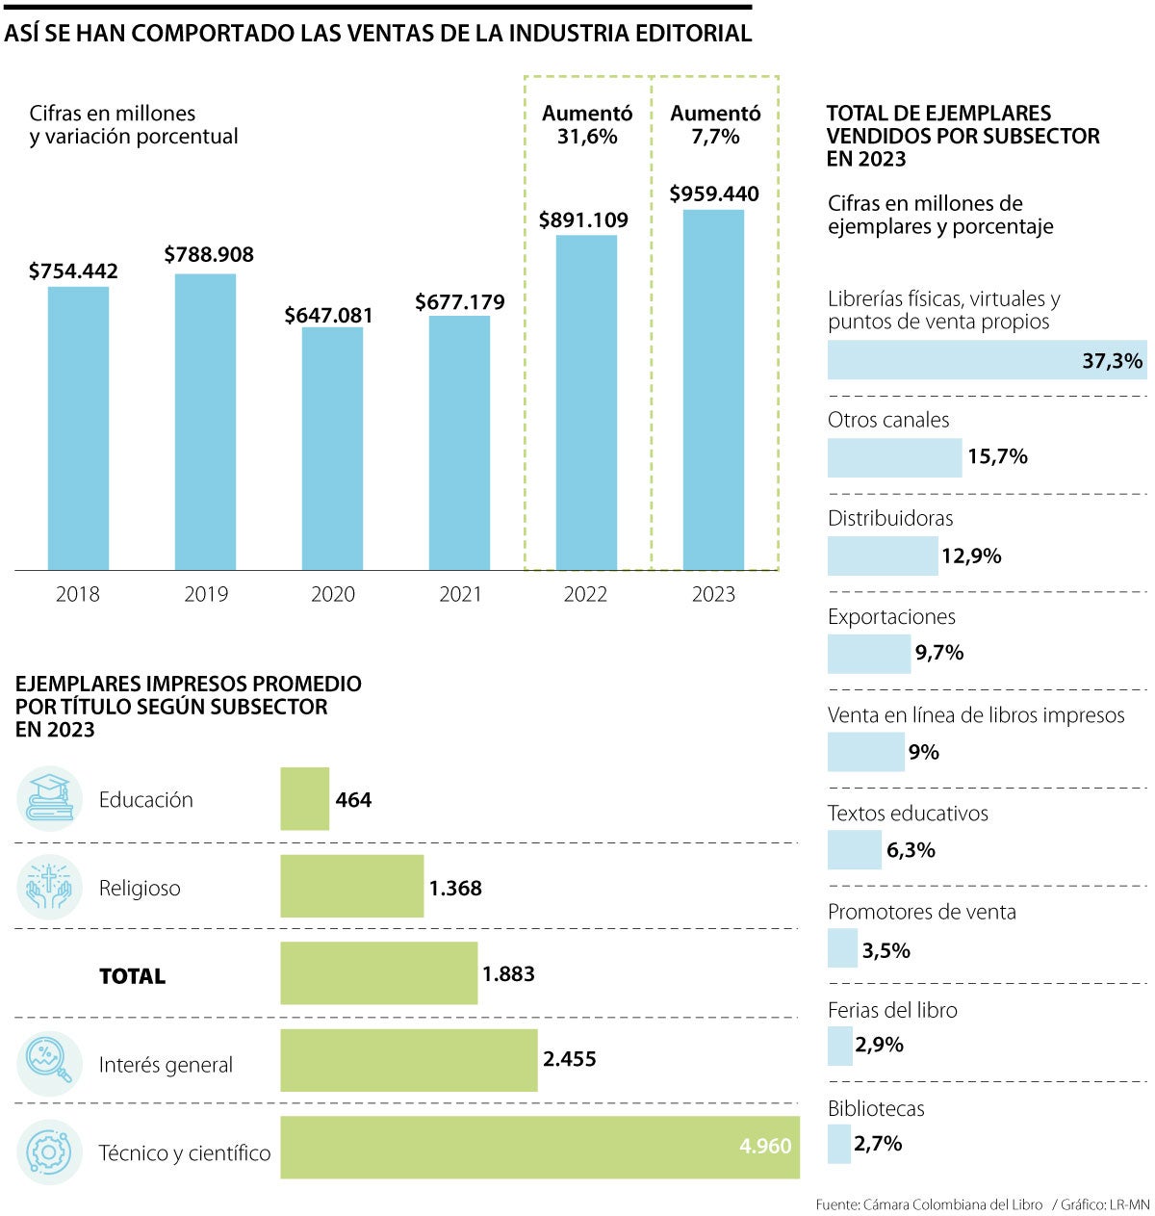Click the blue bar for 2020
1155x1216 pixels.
click(x=332, y=448)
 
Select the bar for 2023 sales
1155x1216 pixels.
click(x=713, y=390)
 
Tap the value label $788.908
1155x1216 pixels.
click(x=209, y=254)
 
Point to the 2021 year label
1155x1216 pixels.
click(x=460, y=594)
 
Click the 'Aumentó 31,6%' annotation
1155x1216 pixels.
click(x=587, y=125)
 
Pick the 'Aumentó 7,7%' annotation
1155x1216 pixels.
click(x=715, y=125)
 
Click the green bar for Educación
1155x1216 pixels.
click(x=304, y=798)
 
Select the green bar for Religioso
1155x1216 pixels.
click(x=351, y=886)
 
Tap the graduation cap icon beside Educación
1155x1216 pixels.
click(x=49, y=798)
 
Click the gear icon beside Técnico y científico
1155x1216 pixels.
click(x=49, y=1151)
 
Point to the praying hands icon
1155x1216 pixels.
click(x=49, y=887)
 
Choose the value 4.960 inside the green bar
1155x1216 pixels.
click(x=765, y=1146)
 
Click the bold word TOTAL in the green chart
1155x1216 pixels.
click(x=133, y=976)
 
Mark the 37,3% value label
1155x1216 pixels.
click(x=1112, y=361)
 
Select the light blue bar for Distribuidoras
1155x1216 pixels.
click(x=883, y=556)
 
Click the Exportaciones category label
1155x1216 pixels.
click(x=891, y=616)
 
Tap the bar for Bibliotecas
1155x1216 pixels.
click(x=839, y=1144)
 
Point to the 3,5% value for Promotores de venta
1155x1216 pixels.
click(x=885, y=950)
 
